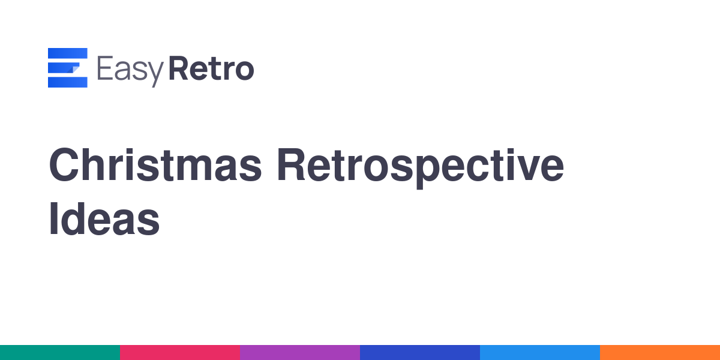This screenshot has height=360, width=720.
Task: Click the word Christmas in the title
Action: tap(155, 164)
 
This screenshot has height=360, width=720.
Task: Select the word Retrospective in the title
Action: tap(421, 168)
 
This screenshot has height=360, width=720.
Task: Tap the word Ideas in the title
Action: tap(104, 219)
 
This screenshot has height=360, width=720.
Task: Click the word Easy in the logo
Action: tap(131, 70)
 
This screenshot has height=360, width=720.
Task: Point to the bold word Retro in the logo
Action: tap(211, 68)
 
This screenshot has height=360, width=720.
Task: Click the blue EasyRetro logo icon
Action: tap(67, 67)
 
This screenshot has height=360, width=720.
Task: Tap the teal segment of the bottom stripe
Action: tap(60, 353)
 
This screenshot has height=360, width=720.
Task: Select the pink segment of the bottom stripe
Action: tap(180, 353)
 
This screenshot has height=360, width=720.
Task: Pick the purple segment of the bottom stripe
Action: tap(300, 353)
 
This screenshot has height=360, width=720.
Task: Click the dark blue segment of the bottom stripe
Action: tap(420, 353)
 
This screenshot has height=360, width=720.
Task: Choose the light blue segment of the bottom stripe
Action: tap(540, 353)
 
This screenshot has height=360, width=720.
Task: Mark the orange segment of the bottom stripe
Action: tap(660, 353)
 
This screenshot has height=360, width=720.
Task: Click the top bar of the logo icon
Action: tap(67, 53)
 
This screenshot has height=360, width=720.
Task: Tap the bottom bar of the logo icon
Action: tap(67, 82)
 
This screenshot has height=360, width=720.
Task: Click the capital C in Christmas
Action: tap(64, 164)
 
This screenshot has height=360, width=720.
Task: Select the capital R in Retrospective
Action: tap(291, 164)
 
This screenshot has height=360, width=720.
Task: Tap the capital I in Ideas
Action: tap(53, 219)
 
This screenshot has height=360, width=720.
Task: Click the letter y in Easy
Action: tap(155, 74)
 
